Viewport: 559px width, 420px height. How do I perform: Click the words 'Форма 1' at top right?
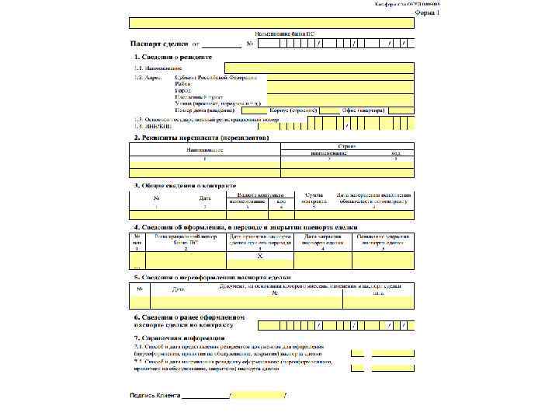tap(427, 14)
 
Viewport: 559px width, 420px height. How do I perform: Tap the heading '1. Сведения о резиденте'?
tap(173, 58)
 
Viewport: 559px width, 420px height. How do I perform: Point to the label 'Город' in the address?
tap(183, 91)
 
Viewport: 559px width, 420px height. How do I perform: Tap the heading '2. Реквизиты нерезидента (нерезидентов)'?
tap(201, 137)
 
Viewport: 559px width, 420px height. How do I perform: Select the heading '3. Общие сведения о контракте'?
tap(185, 185)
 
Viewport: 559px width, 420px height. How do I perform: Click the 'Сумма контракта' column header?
tap(314, 198)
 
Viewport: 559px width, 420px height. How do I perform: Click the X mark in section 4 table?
tap(260, 256)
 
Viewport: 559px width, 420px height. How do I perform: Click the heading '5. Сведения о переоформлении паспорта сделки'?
tap(212, 277)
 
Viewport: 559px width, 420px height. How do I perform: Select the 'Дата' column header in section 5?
tap(178, 289)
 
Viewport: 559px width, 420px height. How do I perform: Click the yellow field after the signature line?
tap(259, 397)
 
